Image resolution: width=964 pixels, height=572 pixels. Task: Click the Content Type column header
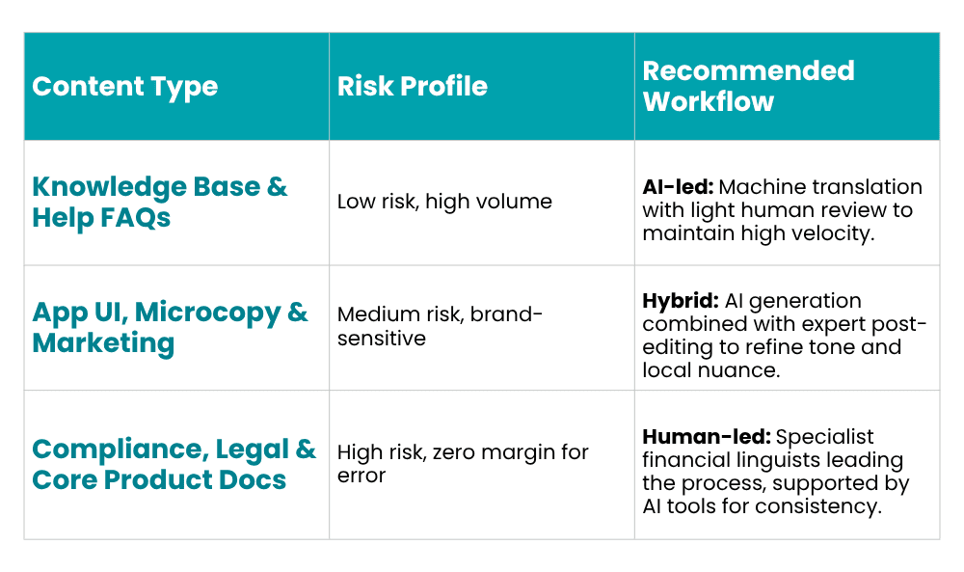(124, 87)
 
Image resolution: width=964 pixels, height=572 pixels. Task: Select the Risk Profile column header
(412, 86)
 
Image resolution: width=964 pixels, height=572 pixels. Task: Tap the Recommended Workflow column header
(748, 86)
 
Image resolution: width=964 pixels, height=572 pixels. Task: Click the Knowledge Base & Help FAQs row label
(160, 202)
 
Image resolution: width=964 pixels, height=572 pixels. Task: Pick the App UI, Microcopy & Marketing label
(170, 327)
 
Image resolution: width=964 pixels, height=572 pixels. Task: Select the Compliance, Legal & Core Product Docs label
(174, 464)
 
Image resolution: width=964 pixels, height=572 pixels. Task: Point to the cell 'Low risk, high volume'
(444, 202)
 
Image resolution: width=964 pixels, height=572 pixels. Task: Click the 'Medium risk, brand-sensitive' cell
(440, 326)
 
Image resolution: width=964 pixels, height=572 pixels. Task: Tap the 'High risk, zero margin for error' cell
(463, 464)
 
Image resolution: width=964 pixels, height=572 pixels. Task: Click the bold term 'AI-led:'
(678, 186)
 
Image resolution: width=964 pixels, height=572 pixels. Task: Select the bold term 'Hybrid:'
(680, 301)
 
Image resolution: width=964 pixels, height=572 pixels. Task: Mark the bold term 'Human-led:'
(707, 437)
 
